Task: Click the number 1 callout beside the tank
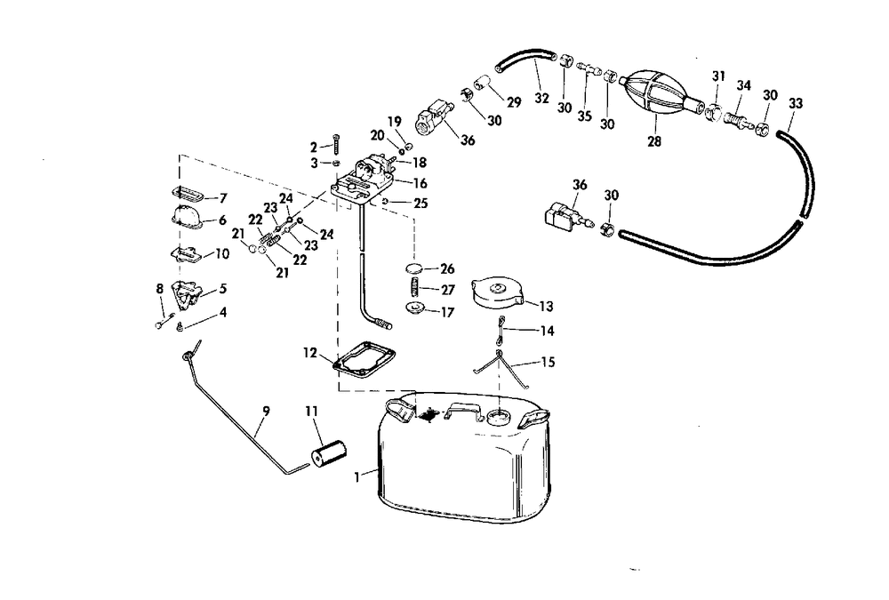(357, 476)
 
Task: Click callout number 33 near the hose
(795, 103)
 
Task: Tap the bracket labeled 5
(188, 292)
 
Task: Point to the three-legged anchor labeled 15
(501, 364)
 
